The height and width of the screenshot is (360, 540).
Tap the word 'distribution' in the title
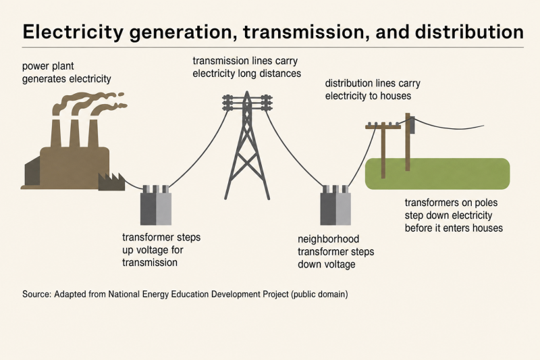click(469, 32)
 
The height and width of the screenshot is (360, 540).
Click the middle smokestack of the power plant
click(74, 133)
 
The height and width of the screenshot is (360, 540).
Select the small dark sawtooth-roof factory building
click(111, 182)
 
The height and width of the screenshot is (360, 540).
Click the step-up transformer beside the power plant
click(156, 205)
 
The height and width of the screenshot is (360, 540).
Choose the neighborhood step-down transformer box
click(335, 205)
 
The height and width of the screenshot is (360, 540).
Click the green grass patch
click(437, 174)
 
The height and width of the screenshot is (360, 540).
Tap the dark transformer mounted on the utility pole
click(412, 125)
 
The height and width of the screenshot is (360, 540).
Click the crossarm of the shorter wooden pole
click(383, 127)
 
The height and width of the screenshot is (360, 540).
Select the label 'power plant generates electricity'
click(66, 72)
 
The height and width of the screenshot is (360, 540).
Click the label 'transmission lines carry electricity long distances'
click(246, 67)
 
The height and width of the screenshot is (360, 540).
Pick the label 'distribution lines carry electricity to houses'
click(373, 90)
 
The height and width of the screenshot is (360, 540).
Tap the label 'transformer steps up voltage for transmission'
click(161, 250)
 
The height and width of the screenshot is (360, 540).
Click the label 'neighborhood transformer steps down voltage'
click(335, 251)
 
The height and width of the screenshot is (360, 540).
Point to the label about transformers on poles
click(454, 215)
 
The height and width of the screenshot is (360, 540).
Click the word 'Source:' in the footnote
click(37, 294)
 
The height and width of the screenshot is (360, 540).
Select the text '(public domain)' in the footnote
click(319, 294)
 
